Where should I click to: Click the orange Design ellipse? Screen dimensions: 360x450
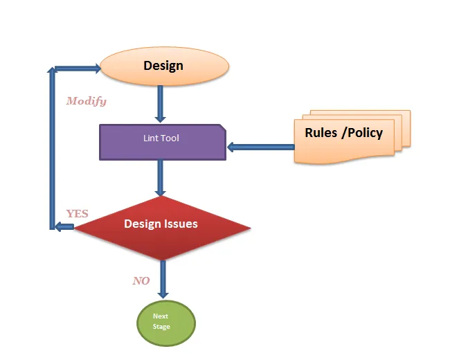[x=164, y=66]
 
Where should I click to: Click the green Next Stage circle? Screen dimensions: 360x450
[x=165, y=322]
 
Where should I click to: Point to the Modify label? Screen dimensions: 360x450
[x=87, y=101]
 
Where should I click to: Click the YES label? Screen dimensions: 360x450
[x=77, y=213]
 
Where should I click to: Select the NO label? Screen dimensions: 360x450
[x=141, y=281]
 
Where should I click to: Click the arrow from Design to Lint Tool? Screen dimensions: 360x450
[x=161, y=103]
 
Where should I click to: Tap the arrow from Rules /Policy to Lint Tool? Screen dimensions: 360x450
[x=260, y=147]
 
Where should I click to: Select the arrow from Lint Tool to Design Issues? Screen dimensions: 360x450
[x=161, y=178]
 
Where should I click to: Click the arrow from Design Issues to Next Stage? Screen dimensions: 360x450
[x=163, y=278]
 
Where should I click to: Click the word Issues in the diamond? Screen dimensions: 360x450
[x=180, y=224]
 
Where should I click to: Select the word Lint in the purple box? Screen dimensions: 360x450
[x=150, y=138]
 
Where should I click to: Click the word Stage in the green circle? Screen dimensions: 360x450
[x=161, y=327]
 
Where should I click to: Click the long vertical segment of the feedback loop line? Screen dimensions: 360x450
[x=51, y=149]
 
